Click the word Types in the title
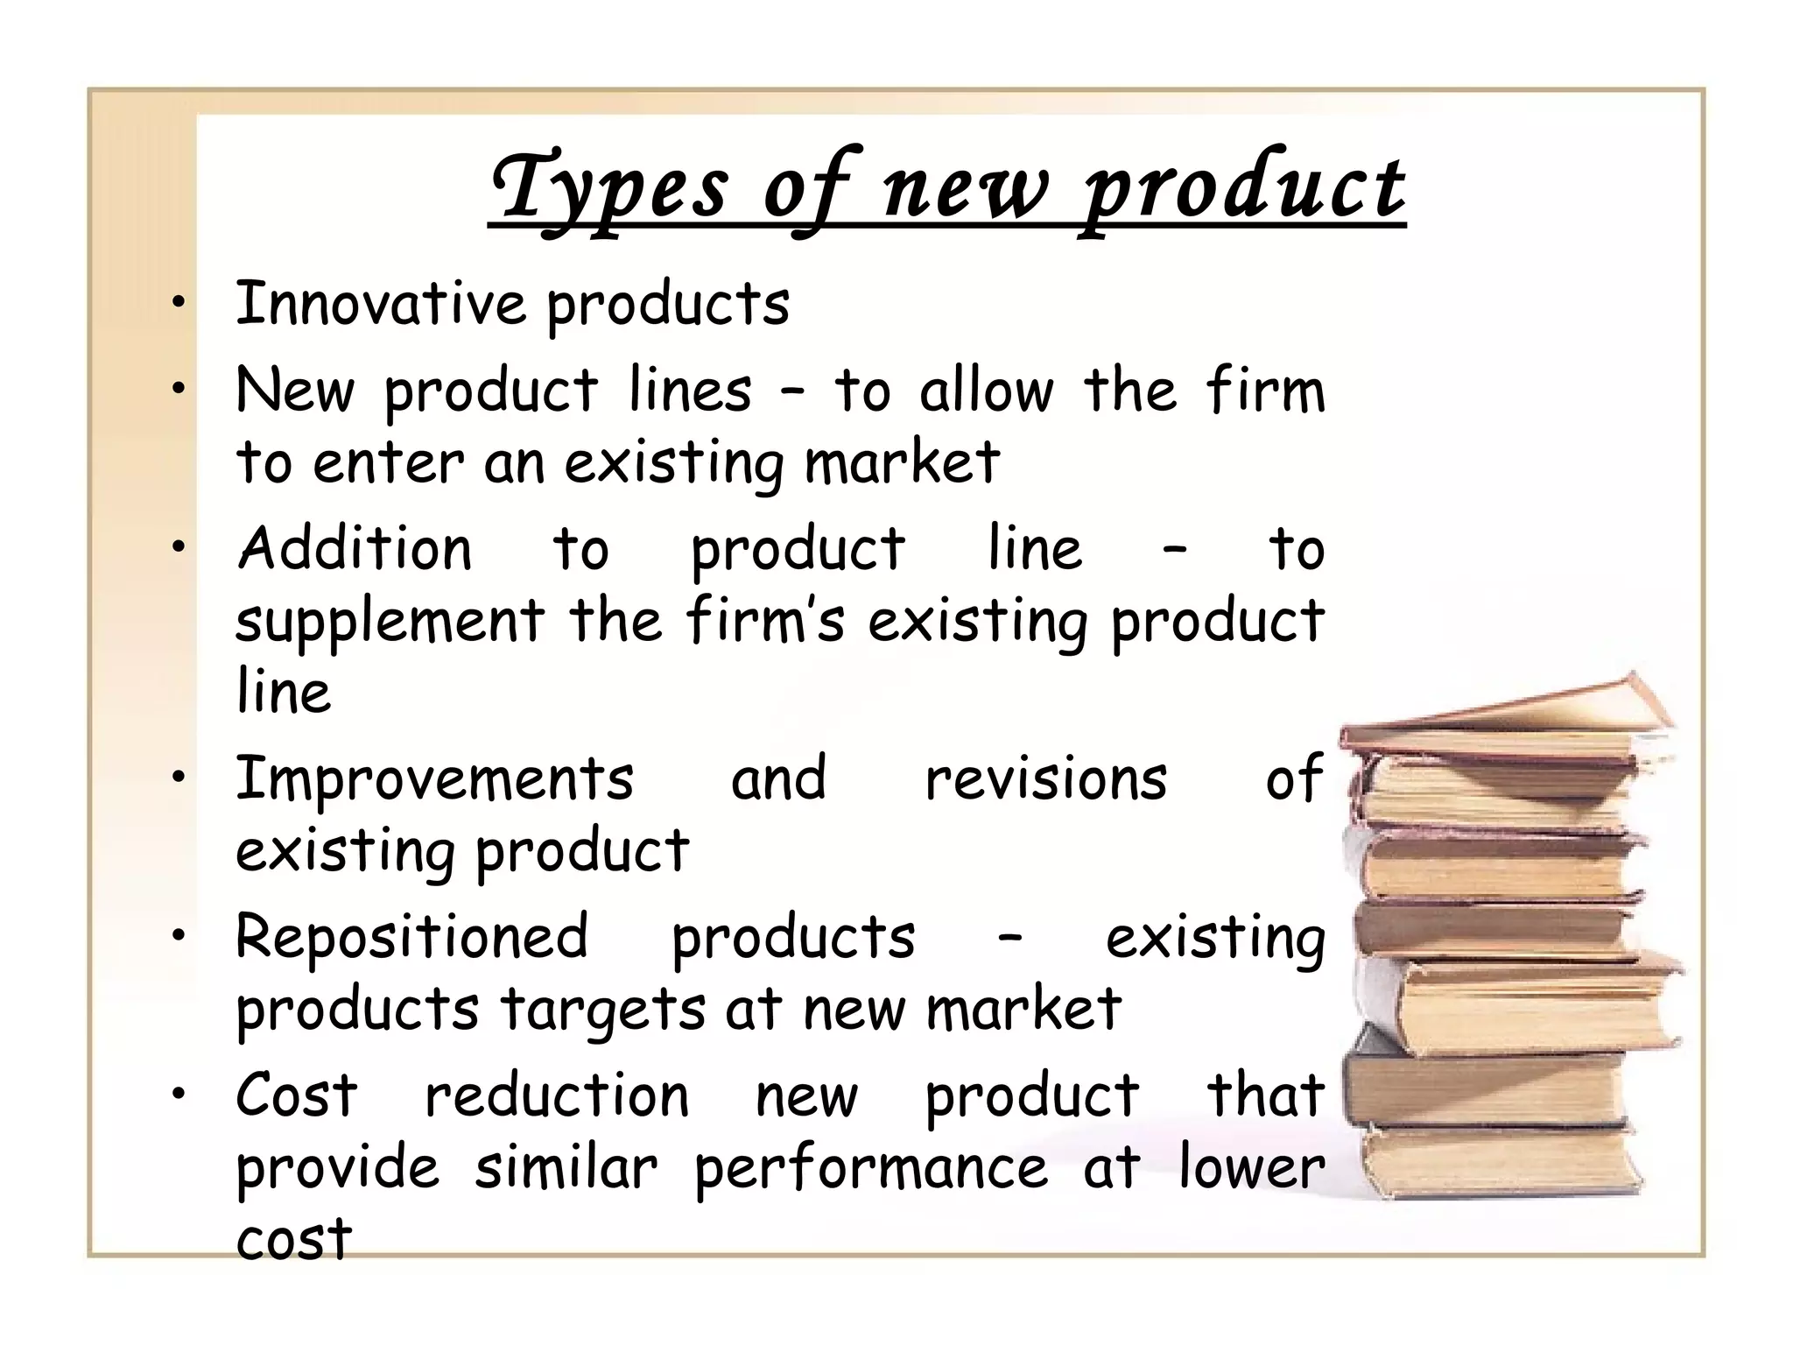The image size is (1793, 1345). [609, 187]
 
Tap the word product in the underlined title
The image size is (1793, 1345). [1243, 187]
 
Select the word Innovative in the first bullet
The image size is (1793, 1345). [380, 303]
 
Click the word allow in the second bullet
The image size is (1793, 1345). [987, 391]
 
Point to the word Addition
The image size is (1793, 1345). [355, 549]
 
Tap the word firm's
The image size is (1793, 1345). [765, 620]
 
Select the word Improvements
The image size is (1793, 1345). [434, 778]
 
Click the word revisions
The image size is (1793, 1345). [1045, 778]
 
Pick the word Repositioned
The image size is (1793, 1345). [411, 937]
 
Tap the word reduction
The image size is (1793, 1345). [557, 1095]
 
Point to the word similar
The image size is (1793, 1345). [566, 1168]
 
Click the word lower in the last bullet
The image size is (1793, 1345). [1251, 1168]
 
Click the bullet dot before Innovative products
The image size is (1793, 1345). [179, 303]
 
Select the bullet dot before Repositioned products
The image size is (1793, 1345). [179, 936]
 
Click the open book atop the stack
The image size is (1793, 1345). [1506, 714]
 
